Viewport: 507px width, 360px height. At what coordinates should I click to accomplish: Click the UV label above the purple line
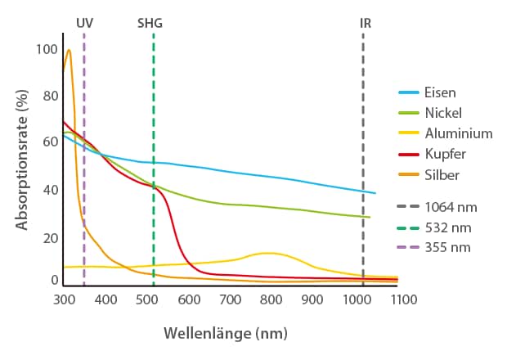point(84,23)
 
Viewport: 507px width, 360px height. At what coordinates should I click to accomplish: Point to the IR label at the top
point(365,23)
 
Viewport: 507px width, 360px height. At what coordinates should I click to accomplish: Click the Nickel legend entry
point(443,113)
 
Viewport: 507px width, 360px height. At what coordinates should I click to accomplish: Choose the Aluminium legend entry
point(458,133)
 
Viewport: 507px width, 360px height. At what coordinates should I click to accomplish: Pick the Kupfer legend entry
point(445,154)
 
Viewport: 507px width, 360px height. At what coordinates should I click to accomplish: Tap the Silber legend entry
point(442,174)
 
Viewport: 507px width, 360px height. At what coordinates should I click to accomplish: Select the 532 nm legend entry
point(448,227)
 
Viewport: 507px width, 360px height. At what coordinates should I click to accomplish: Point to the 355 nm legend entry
point(448,247)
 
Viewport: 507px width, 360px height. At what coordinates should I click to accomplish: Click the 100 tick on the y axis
point(47,49)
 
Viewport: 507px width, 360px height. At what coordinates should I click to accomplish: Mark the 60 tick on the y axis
point(50,142)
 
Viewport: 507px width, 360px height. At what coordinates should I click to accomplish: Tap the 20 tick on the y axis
point(50,237)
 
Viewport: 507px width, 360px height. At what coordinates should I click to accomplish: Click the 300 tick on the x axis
point(64,300)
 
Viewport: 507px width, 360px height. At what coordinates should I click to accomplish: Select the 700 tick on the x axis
point(231,300)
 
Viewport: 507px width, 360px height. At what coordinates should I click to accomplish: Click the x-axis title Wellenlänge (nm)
point(226,334)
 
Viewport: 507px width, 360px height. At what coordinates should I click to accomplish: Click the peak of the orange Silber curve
point(69,50)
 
